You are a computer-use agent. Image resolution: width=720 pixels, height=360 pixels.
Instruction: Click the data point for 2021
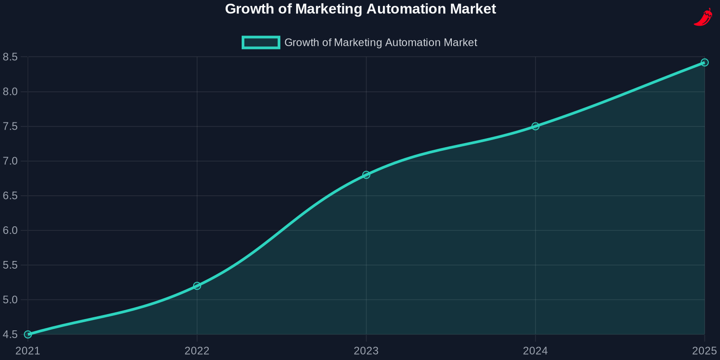click(28, 334)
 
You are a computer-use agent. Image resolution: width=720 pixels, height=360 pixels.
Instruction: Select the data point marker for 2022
click(197, 286)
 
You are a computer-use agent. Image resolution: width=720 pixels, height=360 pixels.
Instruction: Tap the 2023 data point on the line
click(366, 175)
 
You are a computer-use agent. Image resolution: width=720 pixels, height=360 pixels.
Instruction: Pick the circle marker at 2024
click(535, 126)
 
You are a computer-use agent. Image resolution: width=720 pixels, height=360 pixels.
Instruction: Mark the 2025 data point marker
click(705, 63)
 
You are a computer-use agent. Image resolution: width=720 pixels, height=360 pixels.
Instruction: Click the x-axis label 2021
click(28, 351)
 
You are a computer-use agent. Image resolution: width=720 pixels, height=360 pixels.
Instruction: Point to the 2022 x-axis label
click(197, 351)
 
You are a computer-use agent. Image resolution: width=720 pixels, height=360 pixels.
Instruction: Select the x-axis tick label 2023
click(366, 351)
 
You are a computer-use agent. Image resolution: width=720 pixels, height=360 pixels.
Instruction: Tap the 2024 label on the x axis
click(535, 351)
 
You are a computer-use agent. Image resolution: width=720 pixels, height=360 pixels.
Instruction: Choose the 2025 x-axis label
click(704, 351)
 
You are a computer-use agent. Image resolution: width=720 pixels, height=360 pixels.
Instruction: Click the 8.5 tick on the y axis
click(10, 57)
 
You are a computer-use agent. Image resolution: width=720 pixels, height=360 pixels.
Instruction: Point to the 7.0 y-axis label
click(10, 161)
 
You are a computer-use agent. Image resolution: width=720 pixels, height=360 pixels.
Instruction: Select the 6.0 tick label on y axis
click(10, 230)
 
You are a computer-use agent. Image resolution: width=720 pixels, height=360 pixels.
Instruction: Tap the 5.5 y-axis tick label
click(10, 265)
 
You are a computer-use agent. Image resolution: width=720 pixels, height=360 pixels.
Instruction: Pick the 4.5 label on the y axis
click(10, 334)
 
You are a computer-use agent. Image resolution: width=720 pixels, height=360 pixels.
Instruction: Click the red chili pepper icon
click(703, 17)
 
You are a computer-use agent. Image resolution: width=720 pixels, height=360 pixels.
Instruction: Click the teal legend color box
click(261, 42)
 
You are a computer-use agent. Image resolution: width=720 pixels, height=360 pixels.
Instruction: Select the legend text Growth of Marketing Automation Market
click(380, 42)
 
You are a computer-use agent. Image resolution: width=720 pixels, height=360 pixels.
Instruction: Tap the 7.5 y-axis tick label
click(10, 126)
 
